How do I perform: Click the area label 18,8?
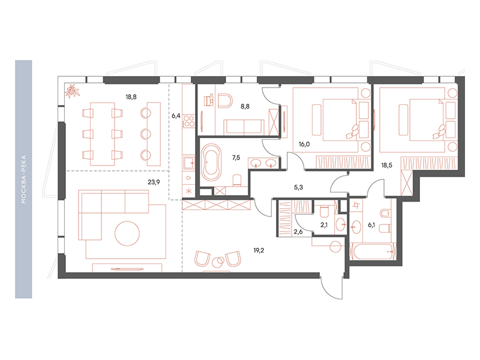tap(131, 97)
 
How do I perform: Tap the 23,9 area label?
tap(154, 182)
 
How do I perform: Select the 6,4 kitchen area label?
tap(176, 116)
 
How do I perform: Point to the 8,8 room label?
tap(245, 107)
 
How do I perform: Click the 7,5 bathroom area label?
tap(236, 158)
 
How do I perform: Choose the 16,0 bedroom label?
tap(304, 144)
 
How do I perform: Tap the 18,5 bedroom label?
tap(386, 166)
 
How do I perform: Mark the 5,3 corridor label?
tap(298, 187)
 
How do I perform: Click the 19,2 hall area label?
tap(259, 250)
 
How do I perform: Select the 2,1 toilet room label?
tap(324, 225)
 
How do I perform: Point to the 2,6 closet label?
tap(298, 232)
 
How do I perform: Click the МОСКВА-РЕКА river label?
tap(23, 179)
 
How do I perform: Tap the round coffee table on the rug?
tap(127, 233)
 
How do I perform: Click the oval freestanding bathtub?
tap(211, 162)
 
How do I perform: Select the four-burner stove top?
tap(188, 121)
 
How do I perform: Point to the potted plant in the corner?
tap(72, 91)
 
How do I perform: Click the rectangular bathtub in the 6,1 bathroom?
tap(373, 251)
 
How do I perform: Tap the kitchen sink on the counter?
tap(188, 163)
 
